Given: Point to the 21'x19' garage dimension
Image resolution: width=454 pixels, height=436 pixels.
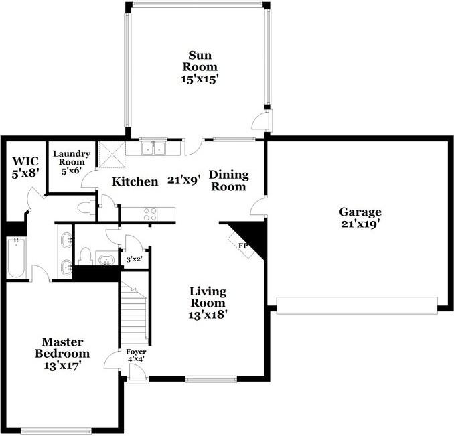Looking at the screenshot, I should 359,224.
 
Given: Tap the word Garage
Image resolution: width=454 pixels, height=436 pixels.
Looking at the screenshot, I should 359,212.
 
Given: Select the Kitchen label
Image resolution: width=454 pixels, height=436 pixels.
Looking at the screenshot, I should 135,181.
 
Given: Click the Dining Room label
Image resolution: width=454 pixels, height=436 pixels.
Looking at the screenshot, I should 229,181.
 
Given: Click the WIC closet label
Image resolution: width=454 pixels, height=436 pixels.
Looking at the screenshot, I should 25,162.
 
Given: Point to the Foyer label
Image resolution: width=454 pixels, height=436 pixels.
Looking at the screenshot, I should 136,351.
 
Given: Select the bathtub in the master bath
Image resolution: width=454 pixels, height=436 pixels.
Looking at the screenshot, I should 15,259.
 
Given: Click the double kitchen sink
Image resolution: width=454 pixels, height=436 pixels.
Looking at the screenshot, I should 154,147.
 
